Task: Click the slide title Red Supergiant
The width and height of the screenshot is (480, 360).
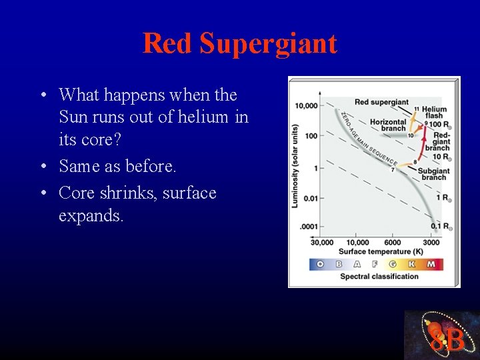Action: click(240, 44)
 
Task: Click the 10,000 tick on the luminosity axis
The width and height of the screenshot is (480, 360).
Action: click(306, 105)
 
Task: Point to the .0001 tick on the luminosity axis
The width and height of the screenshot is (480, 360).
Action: click(309, 227)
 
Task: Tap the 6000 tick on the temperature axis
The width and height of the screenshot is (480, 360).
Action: click(393, 242)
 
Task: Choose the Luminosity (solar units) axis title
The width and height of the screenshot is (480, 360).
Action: click(295, 165)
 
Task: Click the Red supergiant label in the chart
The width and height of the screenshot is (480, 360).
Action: click(381, 102)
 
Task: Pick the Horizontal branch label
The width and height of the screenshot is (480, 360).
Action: click(388, 125)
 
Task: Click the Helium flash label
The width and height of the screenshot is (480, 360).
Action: click(434, 112)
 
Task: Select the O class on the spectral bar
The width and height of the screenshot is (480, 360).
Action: click(320, 264)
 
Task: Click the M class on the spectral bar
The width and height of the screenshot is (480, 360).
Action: click(431, 264)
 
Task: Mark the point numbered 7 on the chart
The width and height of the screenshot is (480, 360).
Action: click(392, 171)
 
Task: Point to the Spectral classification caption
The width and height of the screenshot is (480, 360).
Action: click(379, 276)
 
